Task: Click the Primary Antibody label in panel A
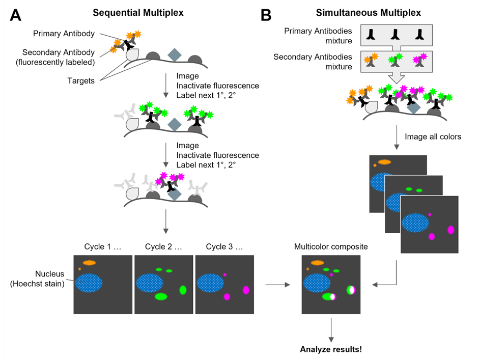[64, 34]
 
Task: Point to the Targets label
[81, 80]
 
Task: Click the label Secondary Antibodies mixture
[313, 62]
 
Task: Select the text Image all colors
[433, 136]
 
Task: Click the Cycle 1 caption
[103, 247]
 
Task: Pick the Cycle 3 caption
[224, 247]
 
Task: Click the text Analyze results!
[331, 349]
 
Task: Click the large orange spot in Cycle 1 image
[90, 263]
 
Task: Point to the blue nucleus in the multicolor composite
[317, 283]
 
